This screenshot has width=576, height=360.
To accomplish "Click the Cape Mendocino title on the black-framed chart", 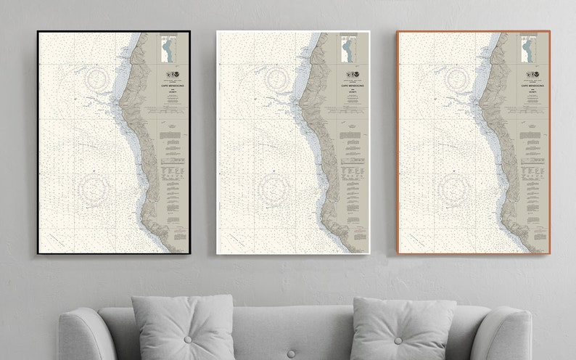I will click(x=173, y=84).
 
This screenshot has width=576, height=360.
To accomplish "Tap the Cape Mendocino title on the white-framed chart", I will click(x=353, y=85).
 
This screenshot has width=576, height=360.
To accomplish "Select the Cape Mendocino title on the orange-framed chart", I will click(x=532, y=84).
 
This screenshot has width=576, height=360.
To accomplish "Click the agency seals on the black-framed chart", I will click(x=173, y=75).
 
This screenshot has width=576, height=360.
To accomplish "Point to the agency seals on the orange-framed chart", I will click(x=532, y=75).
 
